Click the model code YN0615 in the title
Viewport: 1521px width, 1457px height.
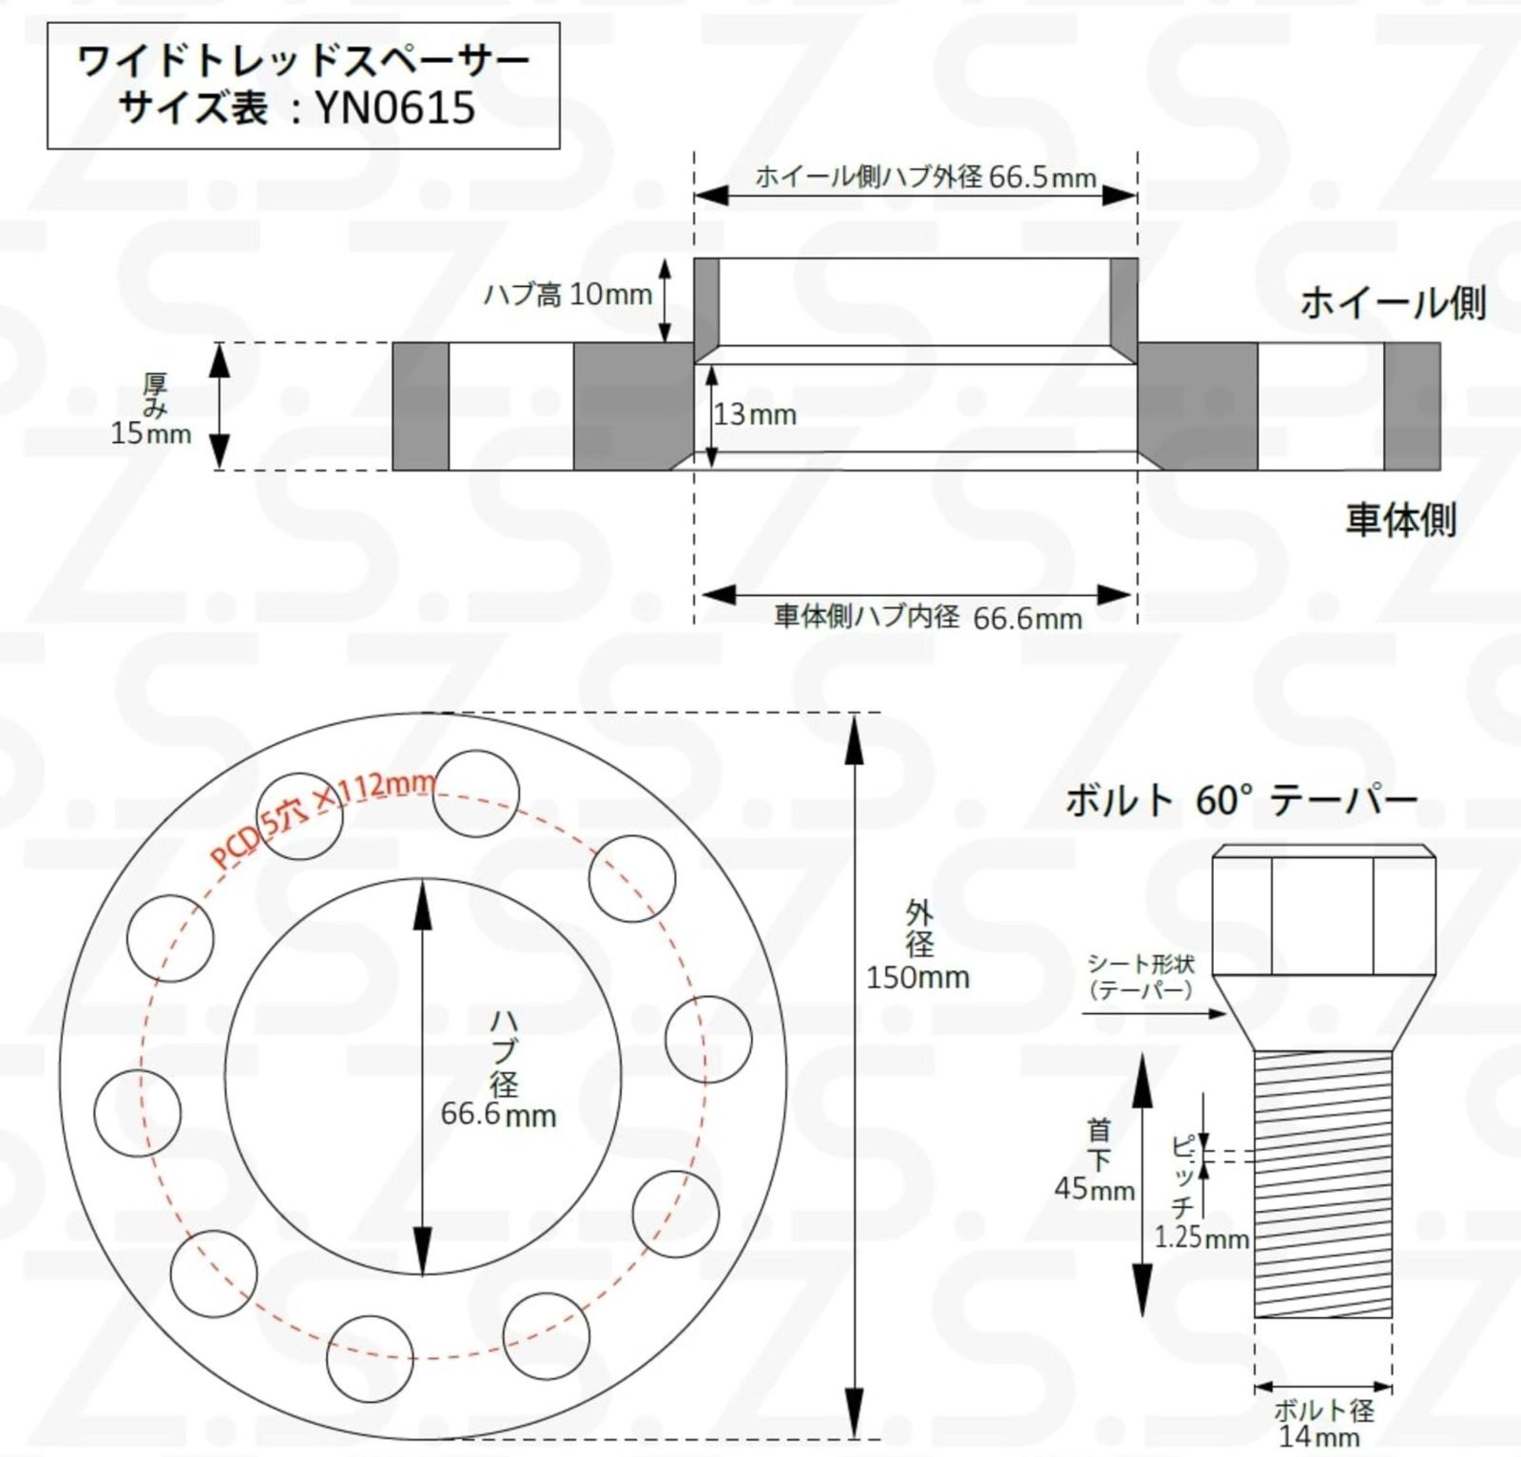coord(395,107)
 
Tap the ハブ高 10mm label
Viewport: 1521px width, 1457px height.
coord(568,295)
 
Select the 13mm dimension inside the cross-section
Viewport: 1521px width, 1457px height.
coord(755,414)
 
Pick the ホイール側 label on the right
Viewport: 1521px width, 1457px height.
coord(1392,303)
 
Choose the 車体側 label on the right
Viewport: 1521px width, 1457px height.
coord(1400,520)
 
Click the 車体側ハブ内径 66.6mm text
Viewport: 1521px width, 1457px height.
coord(928,618)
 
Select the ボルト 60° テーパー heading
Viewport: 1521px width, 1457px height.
coord(1241,801)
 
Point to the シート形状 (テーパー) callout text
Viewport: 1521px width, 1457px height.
coord(1140,977)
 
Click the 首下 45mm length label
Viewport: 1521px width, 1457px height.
coord(1095,1160)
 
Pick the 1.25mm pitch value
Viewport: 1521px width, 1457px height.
coord(1202,1237)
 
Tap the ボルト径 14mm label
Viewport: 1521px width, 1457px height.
coord(1322,1422)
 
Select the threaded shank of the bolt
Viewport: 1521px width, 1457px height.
coord(1323,1183)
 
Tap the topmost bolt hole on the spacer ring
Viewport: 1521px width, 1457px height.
coord(476,794)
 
